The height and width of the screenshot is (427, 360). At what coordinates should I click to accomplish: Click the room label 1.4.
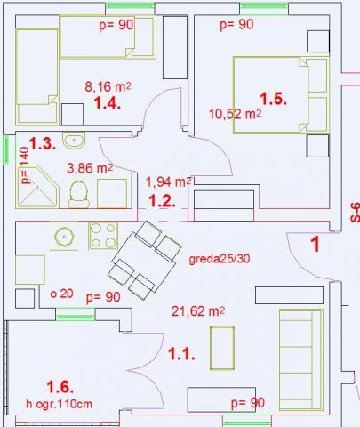coord(107,103)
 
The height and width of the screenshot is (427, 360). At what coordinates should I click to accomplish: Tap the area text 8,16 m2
coord(108,87)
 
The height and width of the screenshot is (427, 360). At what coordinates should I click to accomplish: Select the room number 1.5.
coord(273,99)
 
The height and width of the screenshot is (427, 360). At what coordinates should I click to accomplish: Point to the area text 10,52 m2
coord(236,114)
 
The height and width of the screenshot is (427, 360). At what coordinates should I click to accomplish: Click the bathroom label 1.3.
coord(43,143)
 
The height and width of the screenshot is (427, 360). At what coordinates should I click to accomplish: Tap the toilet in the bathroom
coord(79,194)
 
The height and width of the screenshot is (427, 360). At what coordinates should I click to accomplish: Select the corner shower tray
coord(36,187)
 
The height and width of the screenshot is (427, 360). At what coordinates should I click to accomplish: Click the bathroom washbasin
coord(74,140)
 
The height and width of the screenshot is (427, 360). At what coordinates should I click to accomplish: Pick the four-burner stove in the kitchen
coord(103,236)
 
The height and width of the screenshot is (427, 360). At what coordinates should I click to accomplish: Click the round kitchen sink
coord(64,237)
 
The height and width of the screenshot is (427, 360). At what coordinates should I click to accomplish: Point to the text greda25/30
coord(220,259)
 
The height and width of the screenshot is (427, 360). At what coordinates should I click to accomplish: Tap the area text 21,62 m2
coord(198,311)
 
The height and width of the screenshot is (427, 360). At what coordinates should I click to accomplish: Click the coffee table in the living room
coord(222,348)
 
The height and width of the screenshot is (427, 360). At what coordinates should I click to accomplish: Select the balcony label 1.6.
coord(60,387)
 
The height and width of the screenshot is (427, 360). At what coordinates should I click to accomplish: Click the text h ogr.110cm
coord(59,404)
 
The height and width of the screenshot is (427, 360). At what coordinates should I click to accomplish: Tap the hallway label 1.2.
coord(162,201)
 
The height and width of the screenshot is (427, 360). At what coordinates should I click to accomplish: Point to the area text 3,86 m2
coord(90,168)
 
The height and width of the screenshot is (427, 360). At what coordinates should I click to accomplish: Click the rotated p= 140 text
coord(25,165)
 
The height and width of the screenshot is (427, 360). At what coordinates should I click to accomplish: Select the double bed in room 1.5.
coord(281,95)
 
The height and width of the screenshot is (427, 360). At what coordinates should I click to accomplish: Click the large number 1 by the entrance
coord(316,244)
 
